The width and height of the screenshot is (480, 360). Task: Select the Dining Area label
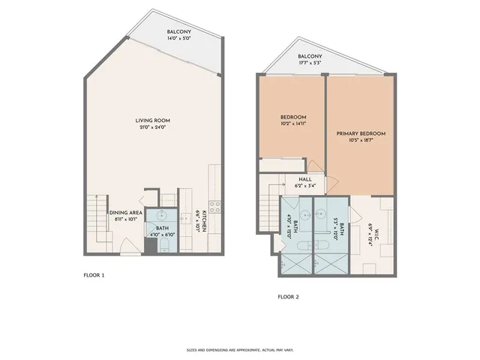pos(125,213)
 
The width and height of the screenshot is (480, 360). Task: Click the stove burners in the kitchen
pos(214,204)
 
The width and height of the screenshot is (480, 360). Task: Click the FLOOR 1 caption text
pos(94,275)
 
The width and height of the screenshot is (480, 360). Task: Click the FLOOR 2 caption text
pos(288,297)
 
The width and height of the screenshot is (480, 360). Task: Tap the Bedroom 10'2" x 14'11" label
pos(293,120)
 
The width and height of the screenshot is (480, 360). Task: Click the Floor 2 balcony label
pos(310,56)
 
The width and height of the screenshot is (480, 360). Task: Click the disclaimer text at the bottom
pos(239,349)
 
